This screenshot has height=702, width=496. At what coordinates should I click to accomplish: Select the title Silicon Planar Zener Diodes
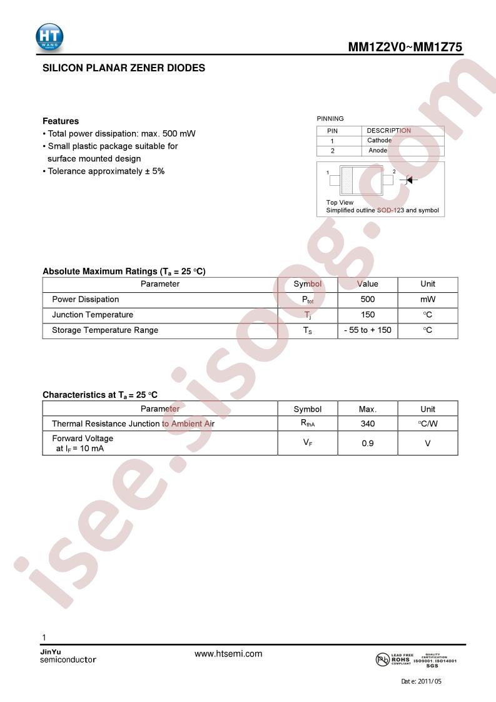124,68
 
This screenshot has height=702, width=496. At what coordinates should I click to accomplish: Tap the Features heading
61,121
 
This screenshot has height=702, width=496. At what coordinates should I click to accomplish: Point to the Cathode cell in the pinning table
379,141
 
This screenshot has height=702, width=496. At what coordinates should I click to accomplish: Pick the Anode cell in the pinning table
378,151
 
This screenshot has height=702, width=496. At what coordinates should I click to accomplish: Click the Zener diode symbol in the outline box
409,180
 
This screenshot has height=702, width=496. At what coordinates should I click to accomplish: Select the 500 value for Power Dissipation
368,300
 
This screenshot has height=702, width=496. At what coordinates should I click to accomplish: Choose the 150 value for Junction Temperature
368,315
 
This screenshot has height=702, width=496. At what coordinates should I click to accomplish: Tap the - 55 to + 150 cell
368,330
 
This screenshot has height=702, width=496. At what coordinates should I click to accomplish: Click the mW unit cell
428,300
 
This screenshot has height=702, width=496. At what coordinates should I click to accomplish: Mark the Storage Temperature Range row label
105,330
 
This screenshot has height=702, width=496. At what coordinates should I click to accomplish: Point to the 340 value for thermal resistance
368,424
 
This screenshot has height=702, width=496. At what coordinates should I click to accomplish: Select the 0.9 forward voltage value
368,443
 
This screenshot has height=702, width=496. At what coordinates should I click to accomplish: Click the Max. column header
368,409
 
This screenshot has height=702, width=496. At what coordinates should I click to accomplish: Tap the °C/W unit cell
428,424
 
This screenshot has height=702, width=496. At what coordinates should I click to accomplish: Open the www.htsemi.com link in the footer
228,654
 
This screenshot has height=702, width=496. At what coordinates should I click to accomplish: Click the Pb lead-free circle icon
382,659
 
